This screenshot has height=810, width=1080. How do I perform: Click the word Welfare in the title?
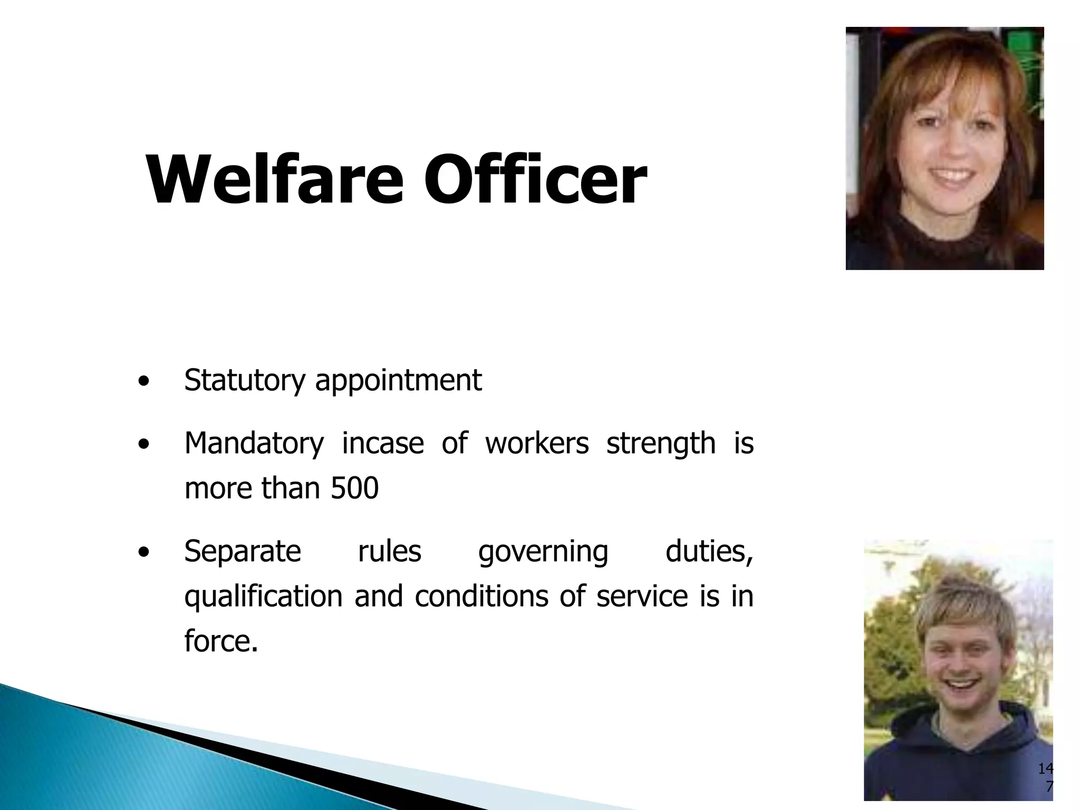coord(274,179)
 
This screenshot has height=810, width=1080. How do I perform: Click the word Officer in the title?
coord(535,179)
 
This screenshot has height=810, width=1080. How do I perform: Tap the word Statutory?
coord(245,381)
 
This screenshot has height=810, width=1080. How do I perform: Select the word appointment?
coord(398,381)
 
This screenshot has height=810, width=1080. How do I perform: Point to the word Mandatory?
coord(254,443)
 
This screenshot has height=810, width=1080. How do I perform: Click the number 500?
coord(354,488)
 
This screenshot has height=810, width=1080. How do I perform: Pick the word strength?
coord(661,443)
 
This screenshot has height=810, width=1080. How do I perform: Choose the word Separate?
coord(243,552)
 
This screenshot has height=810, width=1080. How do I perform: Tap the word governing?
coord(543,552)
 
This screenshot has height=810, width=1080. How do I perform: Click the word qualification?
coord(263,597)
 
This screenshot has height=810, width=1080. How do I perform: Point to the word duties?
coord(709,552)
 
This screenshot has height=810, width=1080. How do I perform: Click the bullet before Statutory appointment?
coord(142,382)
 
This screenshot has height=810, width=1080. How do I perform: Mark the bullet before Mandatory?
coord(142,445)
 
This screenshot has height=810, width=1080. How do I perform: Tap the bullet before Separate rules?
coord(142,553)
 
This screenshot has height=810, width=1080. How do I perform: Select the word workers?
coord(536,443)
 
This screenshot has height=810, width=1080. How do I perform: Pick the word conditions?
coord(481,597)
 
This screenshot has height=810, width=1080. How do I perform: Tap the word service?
coord(642,597)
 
